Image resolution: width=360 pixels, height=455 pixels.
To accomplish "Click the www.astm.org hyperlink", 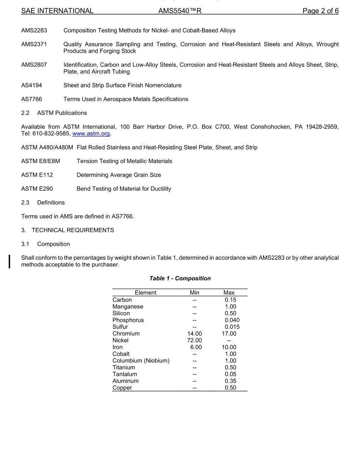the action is [91, 134].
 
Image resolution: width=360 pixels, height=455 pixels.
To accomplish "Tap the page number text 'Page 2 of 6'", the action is [320, 11].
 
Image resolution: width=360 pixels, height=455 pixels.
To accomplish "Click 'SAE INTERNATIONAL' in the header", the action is [57, 11].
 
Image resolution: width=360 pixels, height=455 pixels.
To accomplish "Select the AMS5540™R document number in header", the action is [180, 11].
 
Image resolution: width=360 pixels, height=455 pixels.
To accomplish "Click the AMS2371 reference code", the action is [34, 44].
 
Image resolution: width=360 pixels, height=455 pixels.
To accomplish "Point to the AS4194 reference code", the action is [32, 86].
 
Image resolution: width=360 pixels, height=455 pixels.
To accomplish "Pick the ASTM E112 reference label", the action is [37, 175].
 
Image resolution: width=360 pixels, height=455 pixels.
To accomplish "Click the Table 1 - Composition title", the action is [180, 279].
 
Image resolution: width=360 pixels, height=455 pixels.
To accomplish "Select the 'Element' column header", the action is [146, 293].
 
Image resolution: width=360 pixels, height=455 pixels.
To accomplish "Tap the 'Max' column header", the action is [229, 293].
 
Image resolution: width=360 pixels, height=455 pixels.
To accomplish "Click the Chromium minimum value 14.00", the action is [194, 334].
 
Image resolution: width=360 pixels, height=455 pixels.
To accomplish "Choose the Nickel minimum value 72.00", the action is [194, 341].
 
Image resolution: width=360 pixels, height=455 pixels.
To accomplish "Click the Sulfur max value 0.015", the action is [232, 327].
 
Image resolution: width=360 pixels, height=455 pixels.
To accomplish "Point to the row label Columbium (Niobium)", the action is [141, 361].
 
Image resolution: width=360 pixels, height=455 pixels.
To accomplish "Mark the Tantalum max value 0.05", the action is [230, 374].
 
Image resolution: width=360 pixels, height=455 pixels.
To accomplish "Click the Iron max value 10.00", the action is [229, 347].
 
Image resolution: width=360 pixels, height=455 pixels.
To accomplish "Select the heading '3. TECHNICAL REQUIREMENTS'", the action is [67, 230].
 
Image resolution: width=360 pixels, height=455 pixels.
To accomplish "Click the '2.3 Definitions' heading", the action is [43, 203].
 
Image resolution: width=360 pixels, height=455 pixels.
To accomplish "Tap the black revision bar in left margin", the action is [10, 262].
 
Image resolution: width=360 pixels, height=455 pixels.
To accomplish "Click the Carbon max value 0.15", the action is [230, 300].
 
